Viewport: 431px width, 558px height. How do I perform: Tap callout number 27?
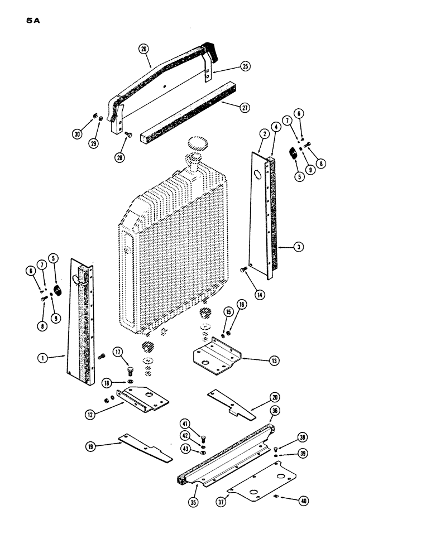tap(244, 108)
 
